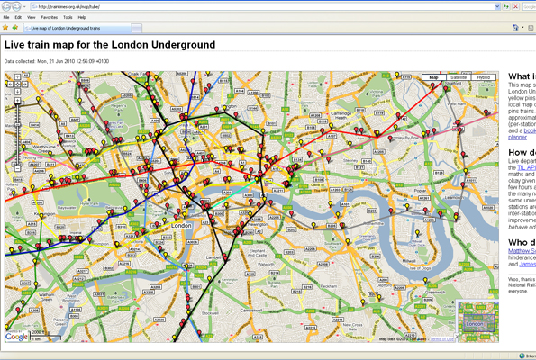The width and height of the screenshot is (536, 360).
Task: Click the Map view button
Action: (x=433, y=78)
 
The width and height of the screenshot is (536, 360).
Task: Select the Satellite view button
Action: (x=459, y=78)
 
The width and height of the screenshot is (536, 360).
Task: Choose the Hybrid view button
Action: (x=484, y=78)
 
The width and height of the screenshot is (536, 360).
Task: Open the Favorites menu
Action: (x=49, y=17)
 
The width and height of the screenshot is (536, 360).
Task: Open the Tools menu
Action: (x=68, y=17)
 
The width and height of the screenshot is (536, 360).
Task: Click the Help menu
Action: (x=82, y=17)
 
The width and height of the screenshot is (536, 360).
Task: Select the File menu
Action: (x=6, y=17)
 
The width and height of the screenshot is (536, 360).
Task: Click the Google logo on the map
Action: (x=17, y=336)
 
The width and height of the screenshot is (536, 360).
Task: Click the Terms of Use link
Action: (x=441, y=339)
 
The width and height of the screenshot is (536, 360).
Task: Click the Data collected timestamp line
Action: (x=57, y=61)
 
